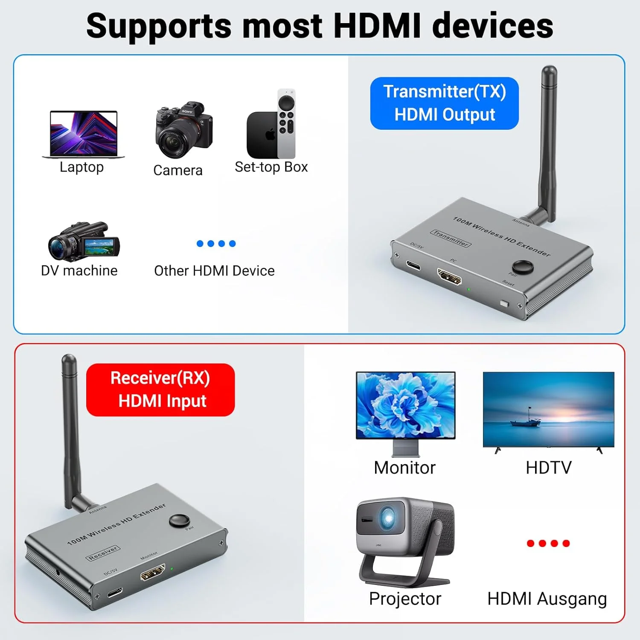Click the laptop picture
click(x=84, y=134)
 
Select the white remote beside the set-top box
click(x=286, y=123)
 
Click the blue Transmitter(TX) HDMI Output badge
click(x=444, y=103)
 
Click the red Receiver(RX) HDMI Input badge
click(x=160, y=390)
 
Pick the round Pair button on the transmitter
click(x=522, y=267)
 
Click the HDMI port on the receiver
click(x=153, y=573)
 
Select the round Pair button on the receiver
click(x=179, y=521)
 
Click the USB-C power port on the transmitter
click(x=413, y=266)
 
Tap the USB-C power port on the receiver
click(x=115, y=592)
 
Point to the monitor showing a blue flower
click(x=405, y=405)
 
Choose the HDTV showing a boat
click(x=548, y=410)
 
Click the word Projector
click(x=405, y=599)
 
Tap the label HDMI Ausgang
click(x=547, y=599)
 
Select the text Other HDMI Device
click(x=214, y=271)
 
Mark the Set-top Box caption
click(x=271, y=167)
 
